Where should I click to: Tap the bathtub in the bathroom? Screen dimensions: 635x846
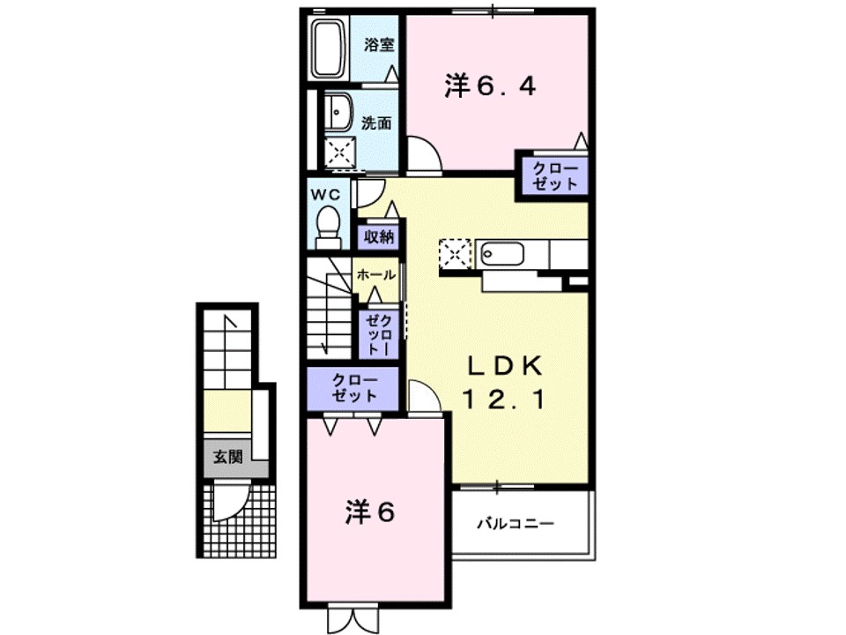click(332, 49)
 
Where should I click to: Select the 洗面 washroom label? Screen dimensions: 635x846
click(376, 123)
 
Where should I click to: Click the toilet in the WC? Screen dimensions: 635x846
click(328, 227)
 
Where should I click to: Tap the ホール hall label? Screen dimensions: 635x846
click(375, 275)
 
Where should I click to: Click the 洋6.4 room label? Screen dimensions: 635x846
click(490, 86)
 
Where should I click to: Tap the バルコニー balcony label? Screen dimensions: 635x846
click(516, 524)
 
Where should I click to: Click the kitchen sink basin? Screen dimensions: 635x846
click(502, 255)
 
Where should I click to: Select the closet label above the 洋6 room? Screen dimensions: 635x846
click(354, 388)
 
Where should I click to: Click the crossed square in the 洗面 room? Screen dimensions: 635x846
click(338, 153)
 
